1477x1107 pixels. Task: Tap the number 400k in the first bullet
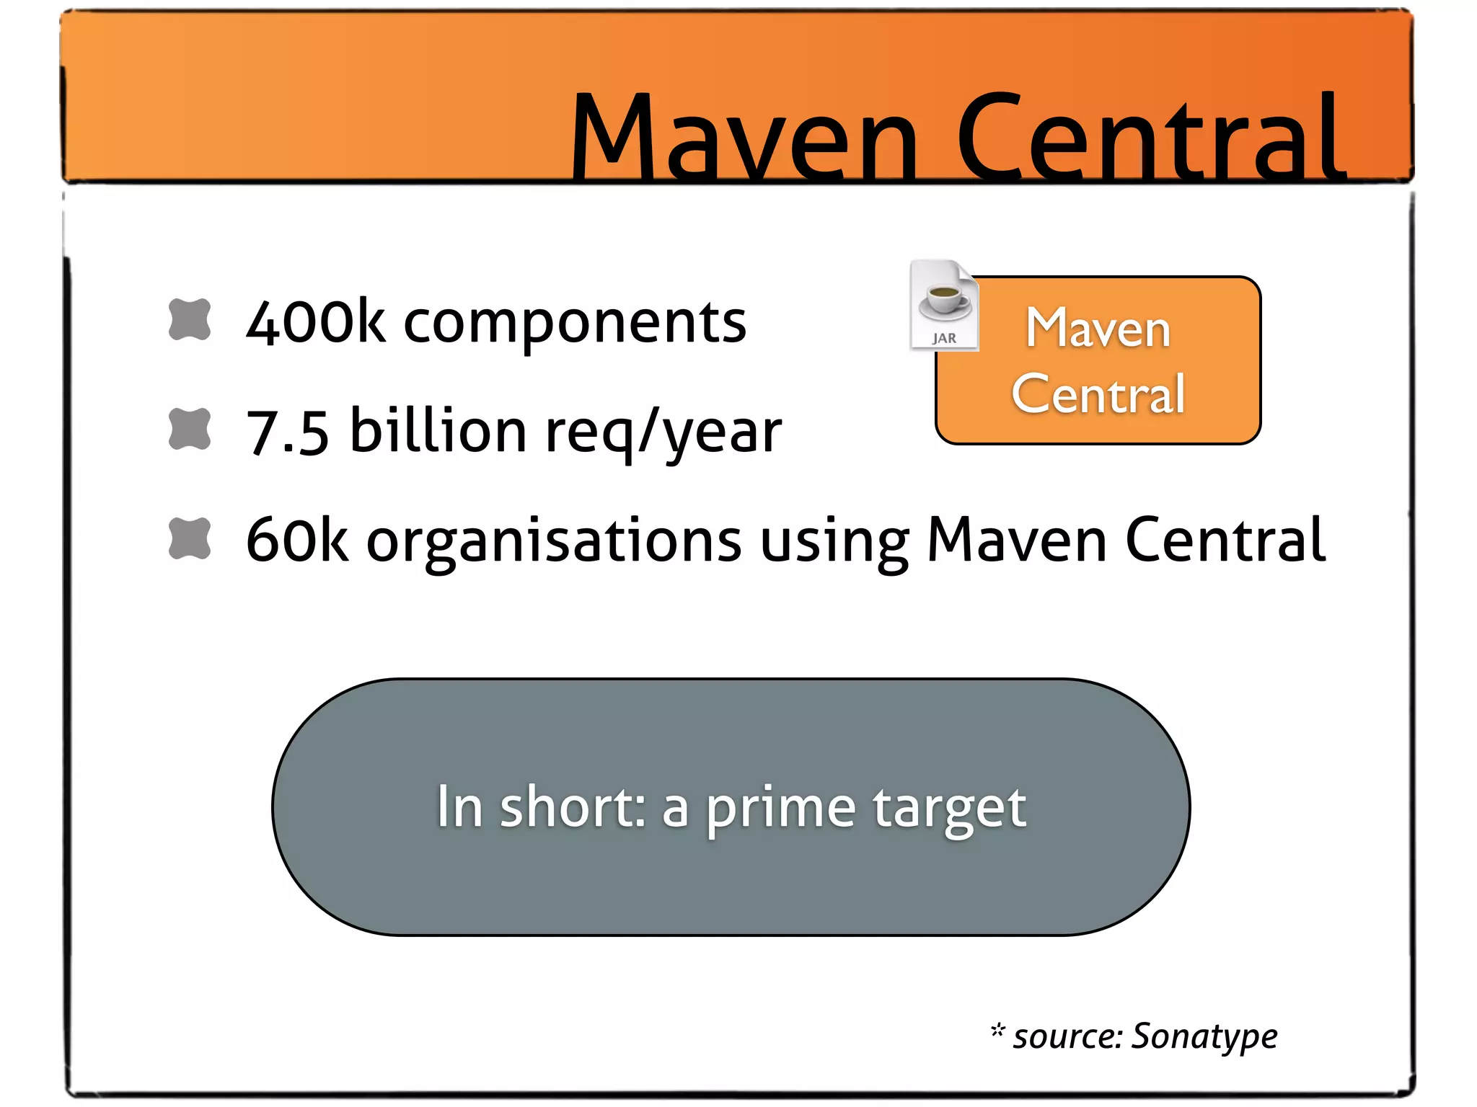click(315, 322)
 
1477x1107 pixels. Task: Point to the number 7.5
click(287, 432)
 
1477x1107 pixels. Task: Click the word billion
click(438, 430)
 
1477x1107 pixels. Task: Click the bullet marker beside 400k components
click(190, 319)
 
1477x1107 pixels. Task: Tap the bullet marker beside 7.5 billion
click(190, 429)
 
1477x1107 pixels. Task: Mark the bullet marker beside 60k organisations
click(190, 538)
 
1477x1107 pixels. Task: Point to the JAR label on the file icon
click(944, 338)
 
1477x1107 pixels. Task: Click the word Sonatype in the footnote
click(1204, 1037)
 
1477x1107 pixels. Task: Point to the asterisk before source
click(997, 1031)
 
